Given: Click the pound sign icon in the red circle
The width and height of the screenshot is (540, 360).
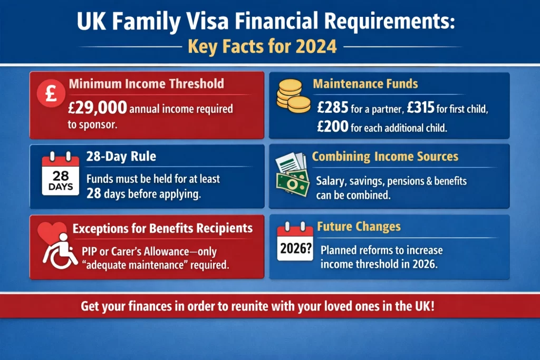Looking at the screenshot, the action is pos(51,93).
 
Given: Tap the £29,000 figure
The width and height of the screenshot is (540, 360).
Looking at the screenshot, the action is pos(98,108).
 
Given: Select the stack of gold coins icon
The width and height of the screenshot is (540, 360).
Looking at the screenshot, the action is pos(293,96).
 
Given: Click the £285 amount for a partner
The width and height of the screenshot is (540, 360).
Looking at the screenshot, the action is pos(333,108).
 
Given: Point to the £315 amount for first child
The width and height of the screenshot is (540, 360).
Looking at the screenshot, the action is pos(421,108).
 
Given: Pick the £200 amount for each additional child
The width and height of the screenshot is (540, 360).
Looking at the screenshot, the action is pos(333,127).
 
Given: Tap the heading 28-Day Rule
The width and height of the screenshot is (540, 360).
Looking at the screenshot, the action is pos(121,156).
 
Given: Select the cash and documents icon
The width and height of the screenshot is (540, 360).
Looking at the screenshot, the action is pos(292,174).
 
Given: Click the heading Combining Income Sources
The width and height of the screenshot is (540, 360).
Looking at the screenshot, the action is pos(385,156).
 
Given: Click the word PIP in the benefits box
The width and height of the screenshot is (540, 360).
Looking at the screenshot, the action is pos(89,251).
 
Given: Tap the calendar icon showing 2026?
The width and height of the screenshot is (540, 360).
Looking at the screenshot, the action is pos(295,241).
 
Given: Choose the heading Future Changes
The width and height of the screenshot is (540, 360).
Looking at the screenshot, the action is pos(359,227).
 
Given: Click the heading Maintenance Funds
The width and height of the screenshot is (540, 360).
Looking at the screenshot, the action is pos(365,84).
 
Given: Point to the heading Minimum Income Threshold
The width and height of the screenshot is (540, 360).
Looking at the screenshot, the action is pos(147,84).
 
